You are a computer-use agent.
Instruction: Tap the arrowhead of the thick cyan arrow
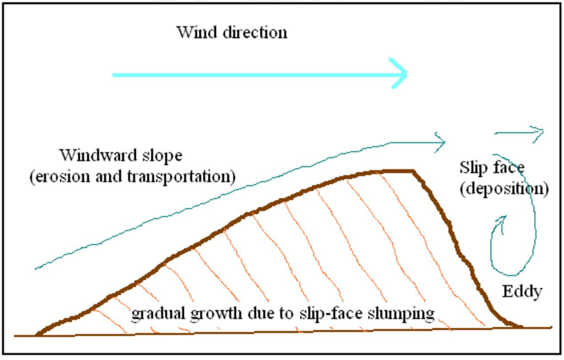click(x=401, y=75)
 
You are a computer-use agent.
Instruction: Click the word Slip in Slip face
click(x=473, y=168)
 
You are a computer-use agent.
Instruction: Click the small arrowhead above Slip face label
click(x=540, y=131)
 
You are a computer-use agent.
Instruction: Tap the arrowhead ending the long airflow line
click(x=440, y=142)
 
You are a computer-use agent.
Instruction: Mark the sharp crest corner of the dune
click(x=414, y=171)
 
